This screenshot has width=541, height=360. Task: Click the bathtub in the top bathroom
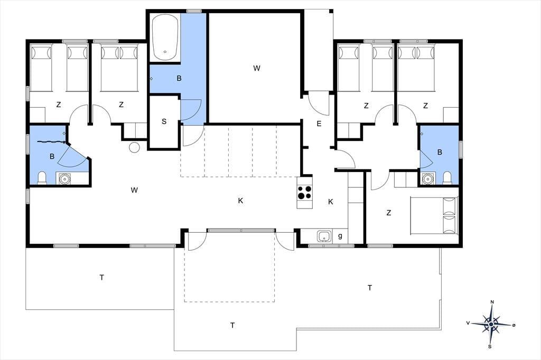tap(165, 37)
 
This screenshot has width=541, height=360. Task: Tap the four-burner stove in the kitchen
tap(305, 193)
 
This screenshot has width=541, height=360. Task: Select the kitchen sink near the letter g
tap(324, 236)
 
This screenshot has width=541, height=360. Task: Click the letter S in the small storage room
tap(164, 121)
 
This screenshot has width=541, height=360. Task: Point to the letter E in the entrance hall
tap(319, 124)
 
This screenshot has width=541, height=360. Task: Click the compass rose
tap(491, 324)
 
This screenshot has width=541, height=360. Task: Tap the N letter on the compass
tap(492, 302)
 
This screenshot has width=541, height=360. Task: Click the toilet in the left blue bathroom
tap(42, 177)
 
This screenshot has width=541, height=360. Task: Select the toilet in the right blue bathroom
tap(447, 177)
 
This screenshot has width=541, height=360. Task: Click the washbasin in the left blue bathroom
tap(64, 178)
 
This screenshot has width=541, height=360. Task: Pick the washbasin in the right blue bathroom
tap(428, 178)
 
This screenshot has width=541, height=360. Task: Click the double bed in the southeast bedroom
tap(434, 215)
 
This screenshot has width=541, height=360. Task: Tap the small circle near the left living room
tap(134, 147)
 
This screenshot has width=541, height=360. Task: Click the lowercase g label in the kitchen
tap(340, 236)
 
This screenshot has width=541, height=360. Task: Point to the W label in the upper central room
tap(256, 68)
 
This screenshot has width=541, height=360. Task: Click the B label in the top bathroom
tap(179, 79)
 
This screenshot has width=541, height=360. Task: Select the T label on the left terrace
tap(102, 277)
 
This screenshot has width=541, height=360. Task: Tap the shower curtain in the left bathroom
tap(51, 141)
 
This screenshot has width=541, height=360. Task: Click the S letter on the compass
tap(490, 347)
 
